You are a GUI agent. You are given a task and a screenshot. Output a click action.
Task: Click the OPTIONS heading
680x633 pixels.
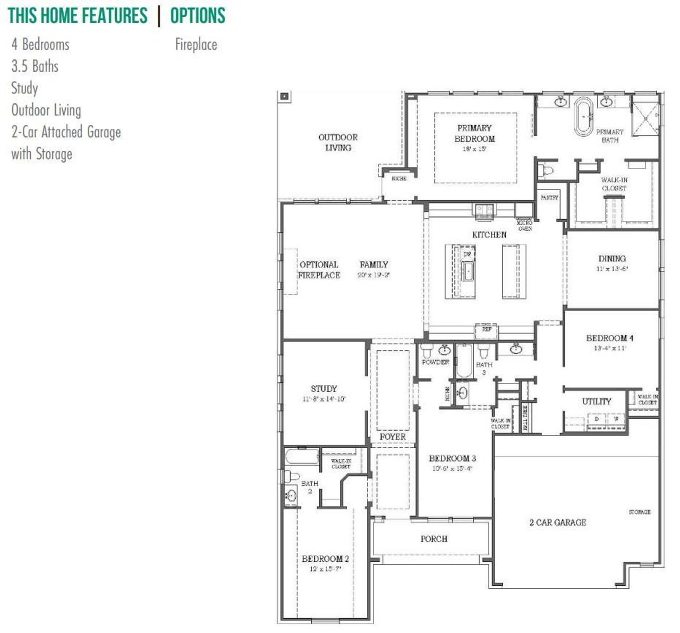coord(198,16)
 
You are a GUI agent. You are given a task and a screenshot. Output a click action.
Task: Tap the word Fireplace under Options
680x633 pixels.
coord(196,45)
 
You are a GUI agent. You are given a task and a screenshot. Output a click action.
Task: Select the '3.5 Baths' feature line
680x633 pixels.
coord(35,66)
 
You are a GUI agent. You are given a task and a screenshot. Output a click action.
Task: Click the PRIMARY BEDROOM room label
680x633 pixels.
coord(474,133)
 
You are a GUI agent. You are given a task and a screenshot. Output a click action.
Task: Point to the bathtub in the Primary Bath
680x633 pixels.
coord(584,116)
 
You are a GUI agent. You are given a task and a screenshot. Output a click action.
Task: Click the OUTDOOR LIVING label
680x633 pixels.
coord(338,142)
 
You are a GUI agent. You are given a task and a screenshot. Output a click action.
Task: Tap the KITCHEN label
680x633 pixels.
coord(489,234)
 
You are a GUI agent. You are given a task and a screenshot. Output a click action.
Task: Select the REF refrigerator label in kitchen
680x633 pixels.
coord(486,330)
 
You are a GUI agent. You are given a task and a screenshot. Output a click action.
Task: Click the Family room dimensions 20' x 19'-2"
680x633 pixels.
coord(374,275)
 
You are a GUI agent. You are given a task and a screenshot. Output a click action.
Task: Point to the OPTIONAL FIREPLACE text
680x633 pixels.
coord(319,270)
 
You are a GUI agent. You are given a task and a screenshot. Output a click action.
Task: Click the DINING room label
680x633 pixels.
coord(612,259)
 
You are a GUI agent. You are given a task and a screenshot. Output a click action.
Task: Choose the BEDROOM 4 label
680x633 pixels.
coord(609,338)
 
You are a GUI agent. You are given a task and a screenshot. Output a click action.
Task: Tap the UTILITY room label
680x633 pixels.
coord(597,401)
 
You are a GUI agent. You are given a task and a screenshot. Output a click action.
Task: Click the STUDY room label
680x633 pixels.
coord(324,389)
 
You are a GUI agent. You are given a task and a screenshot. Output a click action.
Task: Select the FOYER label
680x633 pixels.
coord(393,437)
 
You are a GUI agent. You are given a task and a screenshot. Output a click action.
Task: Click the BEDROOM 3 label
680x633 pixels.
coord(452,458)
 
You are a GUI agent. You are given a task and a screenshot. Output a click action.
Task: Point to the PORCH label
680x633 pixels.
coord(434,539)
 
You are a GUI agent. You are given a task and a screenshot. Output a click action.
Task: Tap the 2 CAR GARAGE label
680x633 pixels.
coord(558,523)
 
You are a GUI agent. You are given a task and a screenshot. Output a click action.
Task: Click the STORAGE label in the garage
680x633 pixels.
coord(640,512)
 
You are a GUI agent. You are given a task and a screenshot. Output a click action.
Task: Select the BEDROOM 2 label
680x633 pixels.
coord(325,559)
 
